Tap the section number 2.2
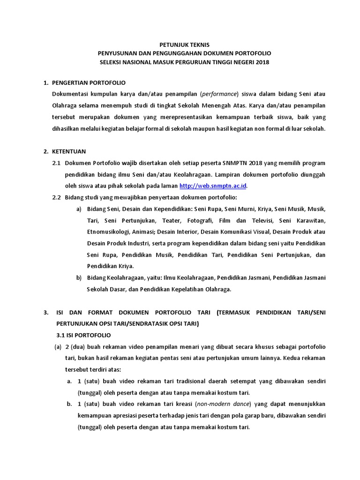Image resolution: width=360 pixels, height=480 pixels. (56, 196)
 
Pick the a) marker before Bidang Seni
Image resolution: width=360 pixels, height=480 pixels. (79, 208)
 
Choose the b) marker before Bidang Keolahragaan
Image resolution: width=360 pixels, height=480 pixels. (79, 277)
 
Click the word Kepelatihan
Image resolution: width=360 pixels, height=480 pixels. (184, 289)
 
